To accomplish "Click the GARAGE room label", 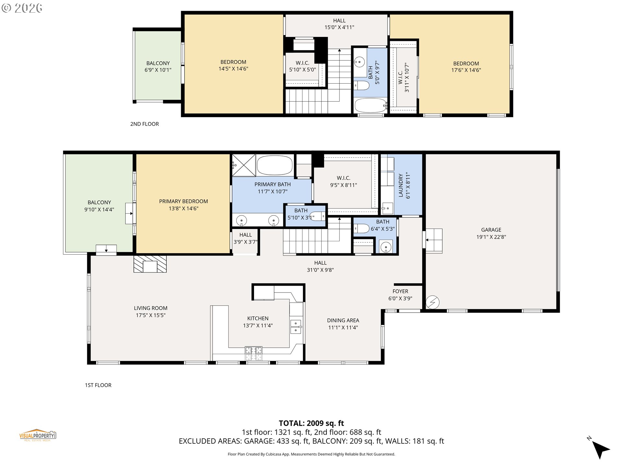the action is (491, 230).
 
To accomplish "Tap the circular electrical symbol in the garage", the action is (432, 302).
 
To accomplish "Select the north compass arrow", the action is (601, 449).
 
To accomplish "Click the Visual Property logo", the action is (38, 435).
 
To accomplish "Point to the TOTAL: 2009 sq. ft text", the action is (311, 423).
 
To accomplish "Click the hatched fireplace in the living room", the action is (150, 264).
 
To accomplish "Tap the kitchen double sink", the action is (296, 327).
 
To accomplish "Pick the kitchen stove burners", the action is (253, 353).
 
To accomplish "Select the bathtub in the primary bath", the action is (275, 166).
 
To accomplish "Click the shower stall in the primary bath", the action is (244, 165).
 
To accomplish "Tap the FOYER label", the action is (400, 291).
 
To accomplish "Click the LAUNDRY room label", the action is (400, 186).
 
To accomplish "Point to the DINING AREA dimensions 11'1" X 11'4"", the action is (343, 328).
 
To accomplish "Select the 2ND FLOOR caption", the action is (144, 124).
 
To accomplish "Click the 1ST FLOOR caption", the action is (98, 385).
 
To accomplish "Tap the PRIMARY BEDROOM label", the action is (183, 201).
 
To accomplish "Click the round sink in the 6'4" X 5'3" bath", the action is (385, 247).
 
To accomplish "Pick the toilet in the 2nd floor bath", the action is (361, 86).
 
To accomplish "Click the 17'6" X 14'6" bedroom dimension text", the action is (466, 70).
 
